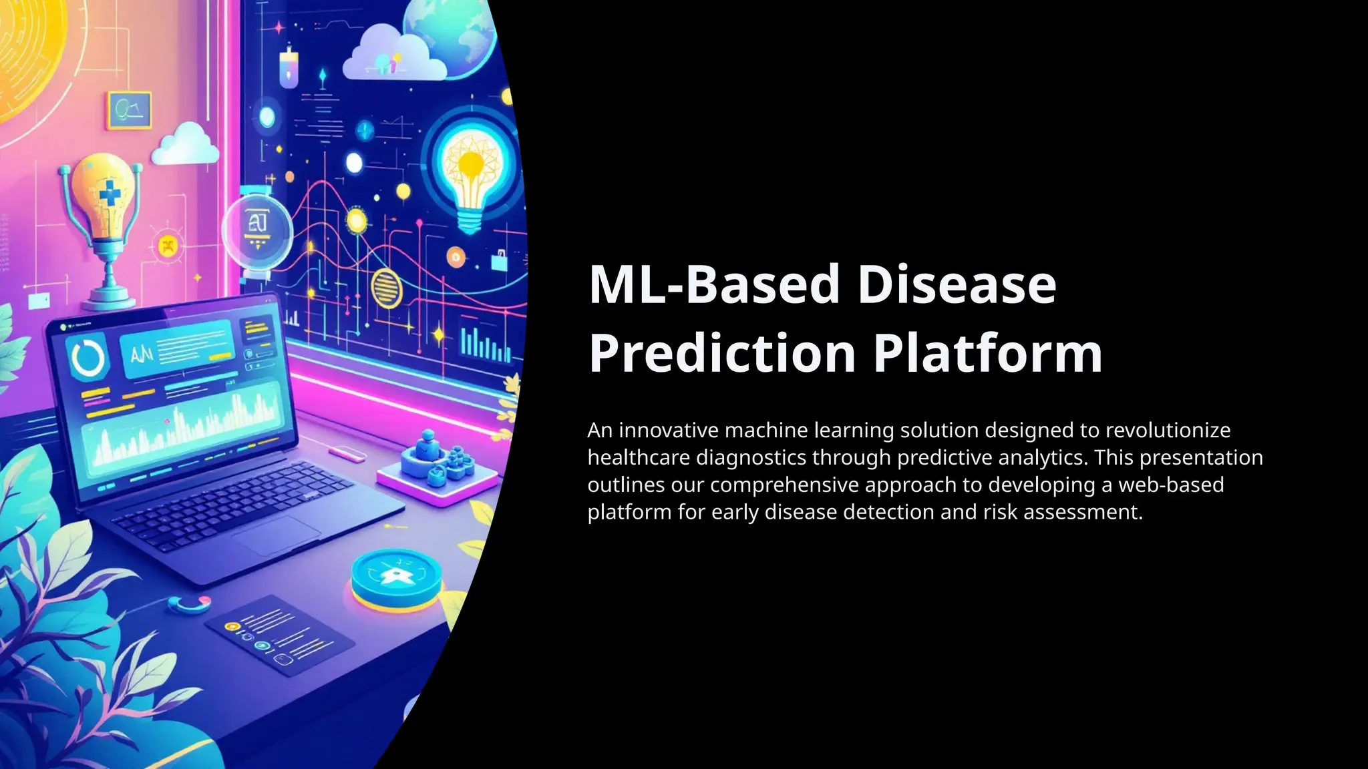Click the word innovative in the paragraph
(x=669, y=431)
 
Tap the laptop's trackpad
(x=277, y=535)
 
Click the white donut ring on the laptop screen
(x=89, y=358)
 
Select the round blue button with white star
(x=396, y=576)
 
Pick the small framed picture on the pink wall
(x=128, y=111)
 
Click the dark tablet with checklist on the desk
(x=279, y=640)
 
